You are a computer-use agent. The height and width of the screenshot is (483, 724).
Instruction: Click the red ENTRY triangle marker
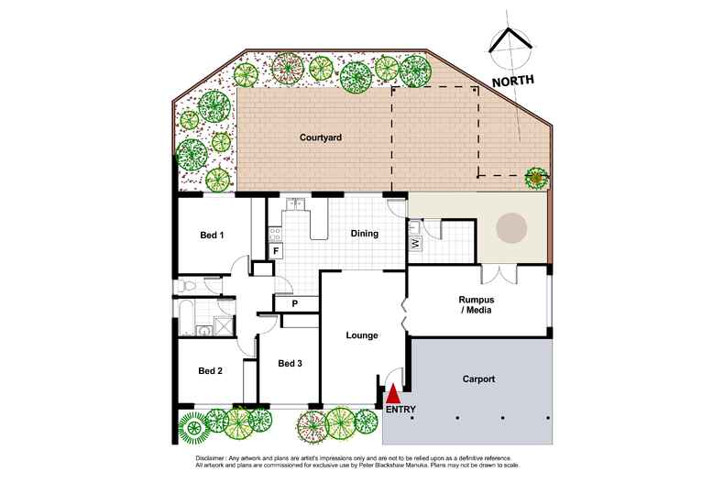[393, 394]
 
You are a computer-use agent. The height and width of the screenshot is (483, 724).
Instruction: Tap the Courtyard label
[321, 137]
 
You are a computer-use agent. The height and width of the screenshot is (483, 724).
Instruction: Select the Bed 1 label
[212, 235]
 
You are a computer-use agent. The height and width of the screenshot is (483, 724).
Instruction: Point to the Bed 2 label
[211, 371]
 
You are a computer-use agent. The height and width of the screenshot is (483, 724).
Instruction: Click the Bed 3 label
[290, 364]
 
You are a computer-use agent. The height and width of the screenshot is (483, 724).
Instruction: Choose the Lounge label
[362, 335]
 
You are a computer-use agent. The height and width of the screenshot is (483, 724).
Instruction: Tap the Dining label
[365, 234]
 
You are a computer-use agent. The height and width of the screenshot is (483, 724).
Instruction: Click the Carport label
[478, 379]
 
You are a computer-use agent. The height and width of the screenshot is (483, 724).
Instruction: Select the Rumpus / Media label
[476, 305]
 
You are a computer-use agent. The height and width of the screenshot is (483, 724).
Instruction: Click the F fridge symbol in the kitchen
[276, 251]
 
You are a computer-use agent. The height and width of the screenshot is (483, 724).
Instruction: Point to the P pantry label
[294, 304]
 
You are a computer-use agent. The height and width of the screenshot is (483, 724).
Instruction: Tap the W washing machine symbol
[415, 243]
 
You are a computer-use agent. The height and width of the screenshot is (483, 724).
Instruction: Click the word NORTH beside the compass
[513, 81]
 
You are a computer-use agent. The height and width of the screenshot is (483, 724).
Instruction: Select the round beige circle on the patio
[511, 227]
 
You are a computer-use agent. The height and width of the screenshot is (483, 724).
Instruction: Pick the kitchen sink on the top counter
[294, 203]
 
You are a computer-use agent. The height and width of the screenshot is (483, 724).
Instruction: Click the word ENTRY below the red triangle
[400, 410]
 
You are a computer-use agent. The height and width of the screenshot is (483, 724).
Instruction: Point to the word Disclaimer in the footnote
[209, 458]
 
